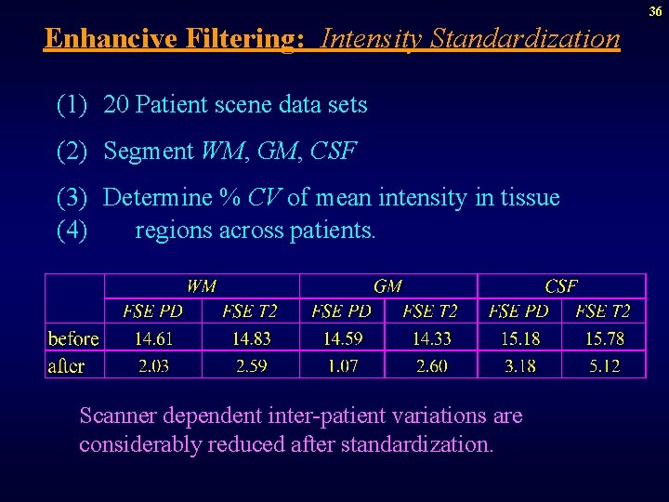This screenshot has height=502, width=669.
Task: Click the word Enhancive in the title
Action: [109, 38]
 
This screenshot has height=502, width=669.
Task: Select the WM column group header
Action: [202, 286]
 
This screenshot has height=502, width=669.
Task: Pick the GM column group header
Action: [387, 286]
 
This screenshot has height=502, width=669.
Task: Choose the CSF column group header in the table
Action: [561, 286]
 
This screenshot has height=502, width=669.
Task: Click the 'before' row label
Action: [73, 337]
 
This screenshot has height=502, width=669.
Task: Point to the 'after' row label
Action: [66, 365]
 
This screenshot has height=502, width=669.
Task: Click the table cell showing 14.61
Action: [153, 337]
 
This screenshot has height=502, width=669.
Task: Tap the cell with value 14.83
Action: [251, 337]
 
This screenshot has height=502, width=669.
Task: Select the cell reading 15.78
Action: [604, 337]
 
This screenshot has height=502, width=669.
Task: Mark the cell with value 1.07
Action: [342, 365]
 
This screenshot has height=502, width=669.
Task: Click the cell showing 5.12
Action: [604, 365]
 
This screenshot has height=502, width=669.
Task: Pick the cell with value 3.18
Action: [519, 365]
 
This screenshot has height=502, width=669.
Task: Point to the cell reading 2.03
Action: [153, 365]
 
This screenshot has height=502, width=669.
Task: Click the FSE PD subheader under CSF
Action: [518, 310]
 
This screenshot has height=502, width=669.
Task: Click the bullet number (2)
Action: [72, 151]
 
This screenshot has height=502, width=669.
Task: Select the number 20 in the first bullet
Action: [116, 105]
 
